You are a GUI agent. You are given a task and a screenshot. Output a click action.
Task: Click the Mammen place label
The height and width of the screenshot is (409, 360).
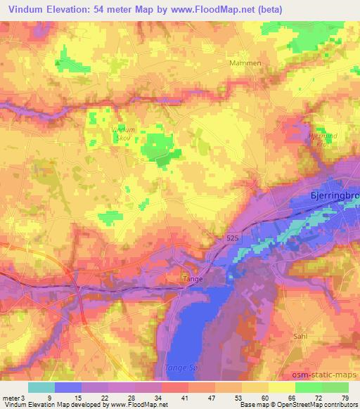(245, 63)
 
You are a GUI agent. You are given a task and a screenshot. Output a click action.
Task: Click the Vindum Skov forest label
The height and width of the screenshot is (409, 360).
(124, 134)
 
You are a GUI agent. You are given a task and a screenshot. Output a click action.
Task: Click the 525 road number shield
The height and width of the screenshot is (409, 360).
(236, 240)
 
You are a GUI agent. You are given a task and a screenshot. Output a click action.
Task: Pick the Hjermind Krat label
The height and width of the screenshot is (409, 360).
(323, 138)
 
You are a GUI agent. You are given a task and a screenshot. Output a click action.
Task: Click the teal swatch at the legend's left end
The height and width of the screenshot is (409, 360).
(41, 387)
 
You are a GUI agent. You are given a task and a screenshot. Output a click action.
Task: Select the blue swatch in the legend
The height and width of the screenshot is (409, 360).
(68, 387)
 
